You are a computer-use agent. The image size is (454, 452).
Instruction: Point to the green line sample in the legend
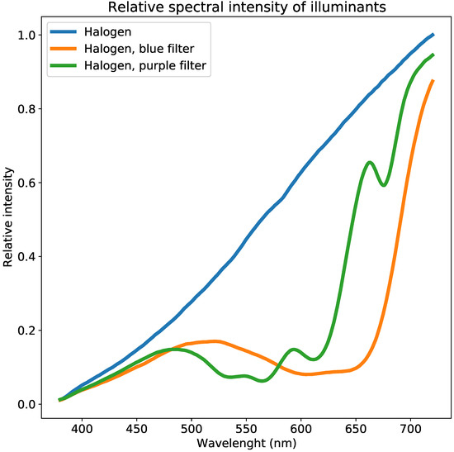(65, 67)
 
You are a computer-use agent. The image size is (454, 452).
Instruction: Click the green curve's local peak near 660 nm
(370, 163)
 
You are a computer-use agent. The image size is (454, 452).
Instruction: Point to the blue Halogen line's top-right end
(433, 36)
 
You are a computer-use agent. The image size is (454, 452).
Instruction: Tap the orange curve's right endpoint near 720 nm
(433, 81)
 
